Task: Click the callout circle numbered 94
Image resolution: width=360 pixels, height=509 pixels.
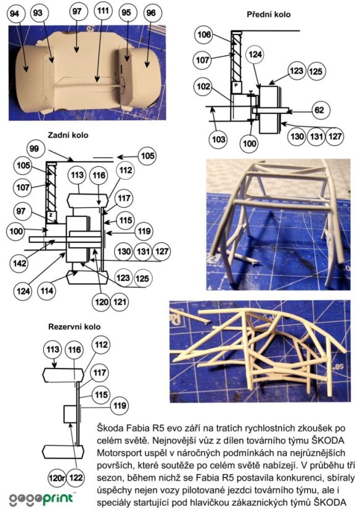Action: coord(15,14)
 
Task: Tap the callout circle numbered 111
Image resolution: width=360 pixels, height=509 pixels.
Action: coord(103,11)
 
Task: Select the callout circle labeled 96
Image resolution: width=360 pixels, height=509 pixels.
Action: coord(151,13)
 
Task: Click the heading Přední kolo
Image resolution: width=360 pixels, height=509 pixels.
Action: coord(268,15)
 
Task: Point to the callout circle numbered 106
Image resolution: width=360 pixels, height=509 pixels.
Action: coord(204,35)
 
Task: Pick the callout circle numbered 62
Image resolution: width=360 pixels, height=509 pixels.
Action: coord(319,110)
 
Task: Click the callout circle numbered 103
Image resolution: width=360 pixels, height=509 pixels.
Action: coord(219,139)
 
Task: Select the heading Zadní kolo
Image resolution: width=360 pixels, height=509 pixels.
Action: coord(68,135)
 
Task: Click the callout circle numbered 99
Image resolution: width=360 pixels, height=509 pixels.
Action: coord(34,149)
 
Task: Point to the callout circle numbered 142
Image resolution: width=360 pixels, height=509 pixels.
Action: coord(19,263)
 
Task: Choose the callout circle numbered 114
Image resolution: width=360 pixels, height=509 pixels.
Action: coord(46,290)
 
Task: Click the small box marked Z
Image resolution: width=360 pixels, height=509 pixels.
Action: coord(51,215)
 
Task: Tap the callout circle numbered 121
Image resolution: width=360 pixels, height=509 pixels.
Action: coord(120,302)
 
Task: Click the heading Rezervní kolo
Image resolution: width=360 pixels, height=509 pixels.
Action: coord(75,327)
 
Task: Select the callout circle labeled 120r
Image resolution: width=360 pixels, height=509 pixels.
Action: coord(57,478)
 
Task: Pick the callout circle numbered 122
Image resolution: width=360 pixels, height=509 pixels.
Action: coord(76,478)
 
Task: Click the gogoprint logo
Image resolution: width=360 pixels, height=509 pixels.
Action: coord(41,499)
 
